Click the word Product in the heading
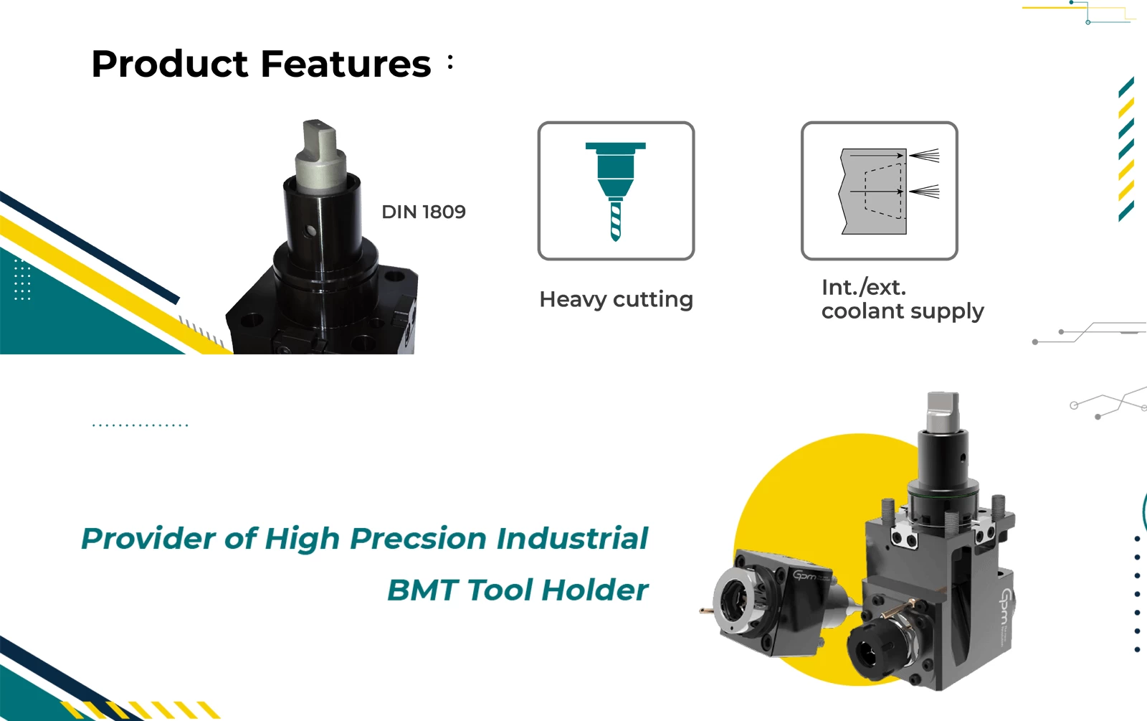pyautogui.click(x=169, y=64)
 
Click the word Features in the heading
pyautogui.click(x=346, y=64)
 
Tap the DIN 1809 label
pyautogui.click(x=424, y=212)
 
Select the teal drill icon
pyautogui.click(x=616, y=192)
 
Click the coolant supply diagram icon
pyautogui.click(x=879, y=191)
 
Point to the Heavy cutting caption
pyautogui.click(x=616, y=300)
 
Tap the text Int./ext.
pyautogui.click(x=864, y=288)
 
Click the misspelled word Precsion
pyautogui.click(x=419, y=539)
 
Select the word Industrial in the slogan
pyautogui.click(x=573, y=538)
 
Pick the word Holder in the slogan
pyautogui.click(x=595, y=589)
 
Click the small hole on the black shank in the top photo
pyautogui.click(x=310, y=231)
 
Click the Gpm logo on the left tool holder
pyautogui.click(x=805, y=575)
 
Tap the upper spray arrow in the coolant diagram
pyautogui.click(x=924, y=155)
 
